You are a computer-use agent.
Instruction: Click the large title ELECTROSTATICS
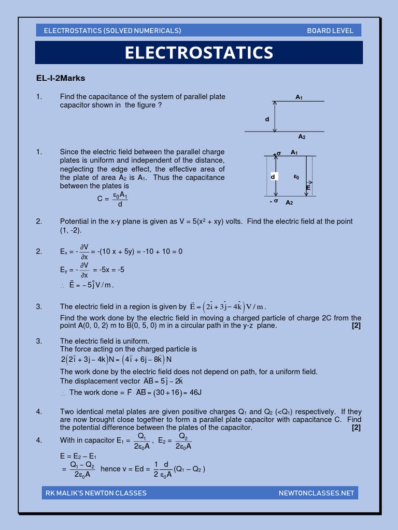(x=199, y=53)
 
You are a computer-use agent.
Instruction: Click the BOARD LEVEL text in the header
(x=330, y=31)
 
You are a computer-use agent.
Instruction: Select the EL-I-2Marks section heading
(x=60, y=78)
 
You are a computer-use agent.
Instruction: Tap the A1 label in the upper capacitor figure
(x=299, y=97)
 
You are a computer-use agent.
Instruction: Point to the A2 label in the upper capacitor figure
(x=302, y=137)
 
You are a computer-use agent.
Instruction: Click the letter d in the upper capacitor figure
(x=267, y=120)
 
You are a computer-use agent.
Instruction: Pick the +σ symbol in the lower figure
(x=277, y=153)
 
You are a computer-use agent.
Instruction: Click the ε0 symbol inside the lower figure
(x=296, y=176)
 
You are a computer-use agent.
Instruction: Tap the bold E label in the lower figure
(x=308, y=188)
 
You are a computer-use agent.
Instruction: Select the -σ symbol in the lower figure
(x=274, y=201)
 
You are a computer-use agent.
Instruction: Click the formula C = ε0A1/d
(x=112, y=199)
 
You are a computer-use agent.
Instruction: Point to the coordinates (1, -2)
(x=70, y=230)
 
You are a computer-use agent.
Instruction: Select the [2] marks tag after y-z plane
(x=356, y=326)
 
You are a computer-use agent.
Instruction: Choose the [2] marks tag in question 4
(x=356, y=428)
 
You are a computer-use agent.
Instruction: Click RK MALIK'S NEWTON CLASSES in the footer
(x=96, y=493)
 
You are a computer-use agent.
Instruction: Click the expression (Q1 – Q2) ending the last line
(x=190, y=469)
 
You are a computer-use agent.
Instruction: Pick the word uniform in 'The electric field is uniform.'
(x=136, y=341)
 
